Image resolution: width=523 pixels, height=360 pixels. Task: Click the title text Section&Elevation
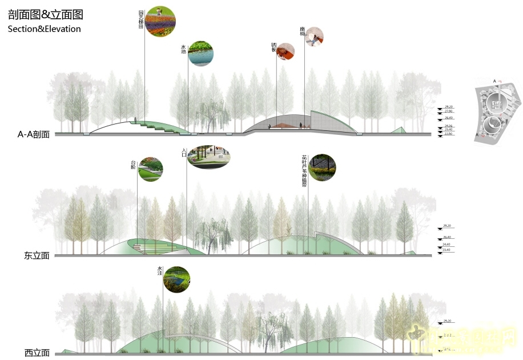pos(44,29)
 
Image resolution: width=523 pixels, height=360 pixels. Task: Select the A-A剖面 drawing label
pos(34,135)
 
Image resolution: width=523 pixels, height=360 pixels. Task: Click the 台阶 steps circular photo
pos(151,169)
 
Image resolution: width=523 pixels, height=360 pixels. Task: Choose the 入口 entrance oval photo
pos(209,157)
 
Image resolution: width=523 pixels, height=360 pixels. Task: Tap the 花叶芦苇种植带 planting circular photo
pos(322,167)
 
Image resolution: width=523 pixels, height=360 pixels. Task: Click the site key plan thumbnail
pos(496,111)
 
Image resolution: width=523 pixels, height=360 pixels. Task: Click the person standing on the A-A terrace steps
pos(135,121)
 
